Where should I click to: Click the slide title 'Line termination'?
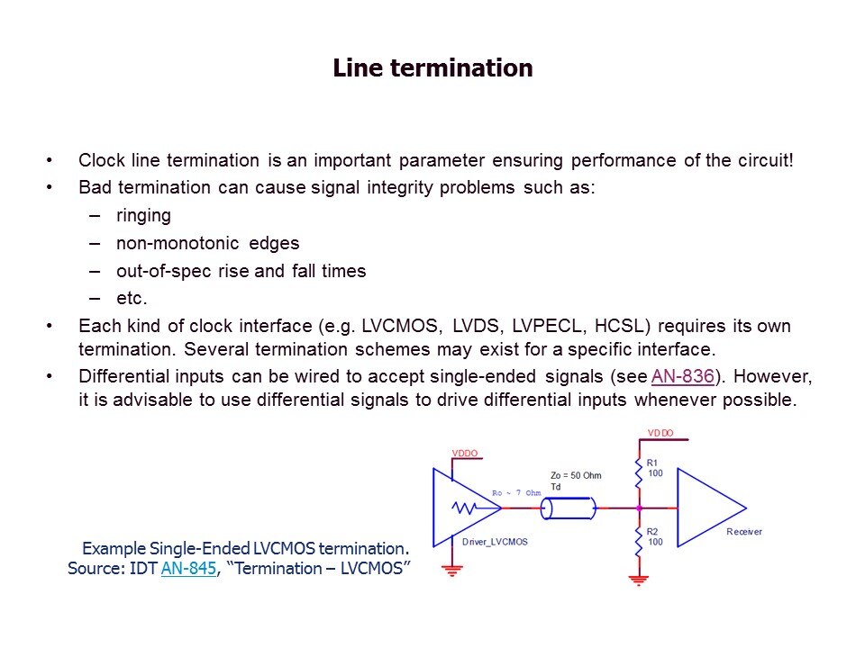pyautogui.click(x=432, y=68)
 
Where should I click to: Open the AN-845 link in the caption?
pyautogui.click(x=188, y=569)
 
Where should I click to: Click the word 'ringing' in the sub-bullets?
pyautogui.click(x=143, y=216)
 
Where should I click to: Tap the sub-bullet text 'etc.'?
pyautogui.click(x=132, y=298)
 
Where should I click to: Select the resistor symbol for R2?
pyautogui.click(x=639, y=542)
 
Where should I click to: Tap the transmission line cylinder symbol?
pyautogui.click(x=568, y=508)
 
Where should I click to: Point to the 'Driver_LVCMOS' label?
pyautogui.click(x=494, y=542)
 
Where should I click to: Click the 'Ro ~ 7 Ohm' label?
pyautogui.click(x=516, y=493)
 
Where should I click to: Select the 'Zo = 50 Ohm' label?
pyautogui.click(x=575, y=475)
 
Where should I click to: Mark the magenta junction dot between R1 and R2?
pyautogui.click(x=639, y=508)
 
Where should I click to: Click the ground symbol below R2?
pyautogui.click(x=639, y=580)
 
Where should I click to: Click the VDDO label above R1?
pyautogui.click(x=660, y=434)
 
